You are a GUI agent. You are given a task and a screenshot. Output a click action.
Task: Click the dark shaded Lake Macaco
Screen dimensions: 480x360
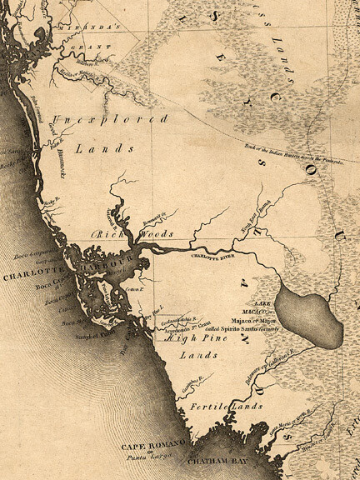309,316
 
